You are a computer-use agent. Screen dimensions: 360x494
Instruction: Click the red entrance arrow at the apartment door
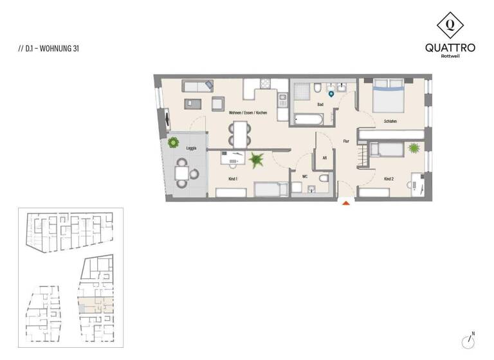[x=346, y=203]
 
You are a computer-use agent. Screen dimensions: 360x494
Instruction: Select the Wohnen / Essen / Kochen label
[x=248, y=113]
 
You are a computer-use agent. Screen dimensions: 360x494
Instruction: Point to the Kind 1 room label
[x=233, y=178]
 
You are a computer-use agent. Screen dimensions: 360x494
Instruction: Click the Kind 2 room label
[x=389, y=178]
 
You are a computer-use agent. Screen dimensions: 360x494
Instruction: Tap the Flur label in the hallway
[x=345, y=140]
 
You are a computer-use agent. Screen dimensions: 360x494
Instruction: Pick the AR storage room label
[x=325, y=156]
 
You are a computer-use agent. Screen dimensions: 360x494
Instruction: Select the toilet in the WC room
[x=323, y=178]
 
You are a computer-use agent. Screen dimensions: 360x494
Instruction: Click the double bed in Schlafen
[x=389, y=94]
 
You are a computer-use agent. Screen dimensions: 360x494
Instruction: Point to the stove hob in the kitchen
[x=282, y=100]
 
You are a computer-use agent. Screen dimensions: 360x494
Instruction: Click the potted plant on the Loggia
[x=173, y=143]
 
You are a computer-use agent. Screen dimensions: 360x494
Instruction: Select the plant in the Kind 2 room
[x=414, y=148]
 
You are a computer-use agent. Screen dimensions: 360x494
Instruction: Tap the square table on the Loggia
[x=183, y=173]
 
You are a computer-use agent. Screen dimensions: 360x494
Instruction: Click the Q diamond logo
[x=450, y=25]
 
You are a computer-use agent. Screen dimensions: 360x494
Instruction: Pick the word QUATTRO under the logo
[x=450, y=47]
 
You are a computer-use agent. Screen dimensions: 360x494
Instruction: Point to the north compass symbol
[x=468, y=340]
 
